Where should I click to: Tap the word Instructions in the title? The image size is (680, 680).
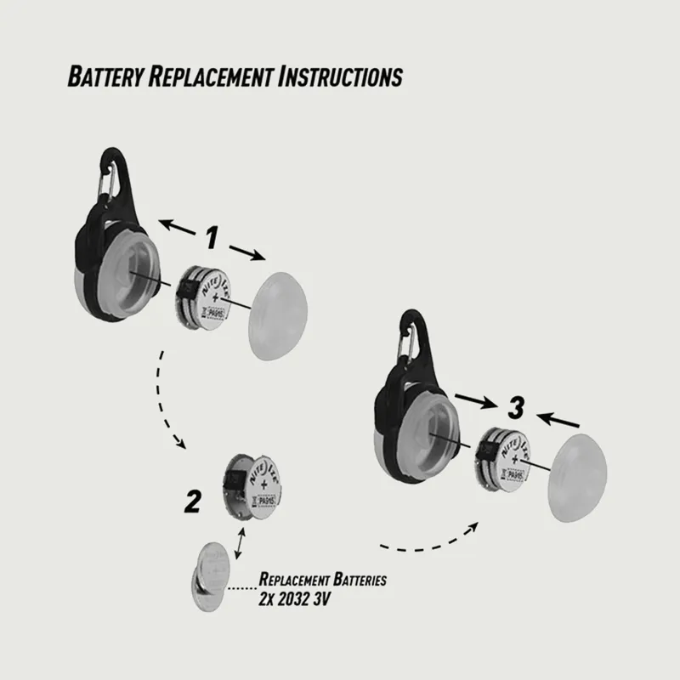click(x=340, y=76)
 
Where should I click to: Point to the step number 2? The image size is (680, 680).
click(x=194, y=503)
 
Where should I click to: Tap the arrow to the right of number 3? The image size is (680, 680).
click(x=559, y=418)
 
